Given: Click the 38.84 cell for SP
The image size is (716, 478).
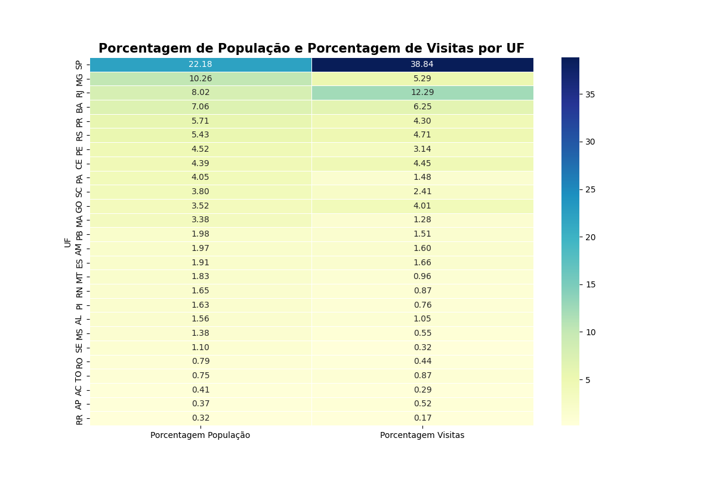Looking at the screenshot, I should [x=422, y=65].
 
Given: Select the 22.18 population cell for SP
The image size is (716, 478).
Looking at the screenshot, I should [x=200, y=65].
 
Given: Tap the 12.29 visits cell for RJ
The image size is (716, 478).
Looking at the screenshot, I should [x=422, y=93].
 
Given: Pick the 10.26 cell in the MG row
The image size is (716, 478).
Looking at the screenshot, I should [x=200, y=78].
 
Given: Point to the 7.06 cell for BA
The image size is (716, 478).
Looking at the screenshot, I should [x=200, y=107].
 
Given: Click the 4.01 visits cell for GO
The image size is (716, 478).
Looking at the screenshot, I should [x=422, y=206].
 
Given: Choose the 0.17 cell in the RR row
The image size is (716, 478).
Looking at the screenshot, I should [x=422, y=418].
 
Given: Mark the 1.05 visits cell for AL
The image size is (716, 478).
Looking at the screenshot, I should [x=422, y=319].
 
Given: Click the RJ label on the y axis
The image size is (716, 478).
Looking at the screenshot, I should [x=79, y=93].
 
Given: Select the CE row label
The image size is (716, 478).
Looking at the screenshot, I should [x=79, y=164].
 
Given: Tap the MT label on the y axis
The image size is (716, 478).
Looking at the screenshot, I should [x=79, y=277].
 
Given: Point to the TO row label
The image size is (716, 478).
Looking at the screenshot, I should [x=79, y=376].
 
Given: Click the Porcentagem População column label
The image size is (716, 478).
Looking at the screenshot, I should [x=200, y=436].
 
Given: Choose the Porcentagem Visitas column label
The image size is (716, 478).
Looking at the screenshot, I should [x=422, y=436].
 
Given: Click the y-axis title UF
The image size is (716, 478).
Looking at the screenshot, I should [x=68, y=242].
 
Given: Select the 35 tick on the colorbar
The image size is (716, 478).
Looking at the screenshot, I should [x=590, y=94].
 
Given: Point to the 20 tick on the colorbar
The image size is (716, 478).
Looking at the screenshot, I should [x=590, y=237].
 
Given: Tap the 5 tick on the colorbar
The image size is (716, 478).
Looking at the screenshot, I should [x=588, y=380].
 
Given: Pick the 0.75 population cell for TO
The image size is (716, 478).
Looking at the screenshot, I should [x=200, y=376].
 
